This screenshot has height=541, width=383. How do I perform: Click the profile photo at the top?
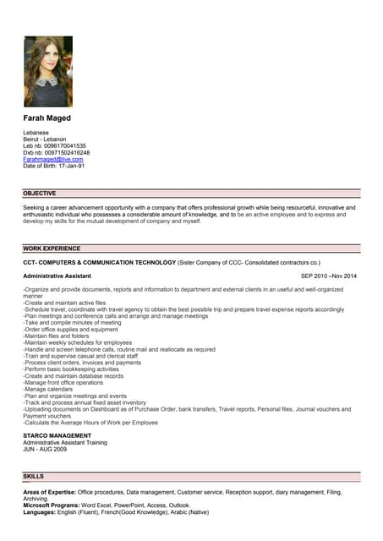click(x=47, y=71)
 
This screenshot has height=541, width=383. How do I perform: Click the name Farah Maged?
click(x=47, y=118)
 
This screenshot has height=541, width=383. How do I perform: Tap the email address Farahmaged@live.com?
click(x=52, y=159)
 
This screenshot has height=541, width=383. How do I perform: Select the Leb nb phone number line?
click(x=54, y=145)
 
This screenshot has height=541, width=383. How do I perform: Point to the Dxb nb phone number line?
click(x=56, y=152)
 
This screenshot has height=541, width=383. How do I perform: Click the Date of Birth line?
click(x=53, y=166)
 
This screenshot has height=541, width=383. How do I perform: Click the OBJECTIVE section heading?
click(x=40, y=193)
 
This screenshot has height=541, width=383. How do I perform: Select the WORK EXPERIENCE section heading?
click(x=52, y=249)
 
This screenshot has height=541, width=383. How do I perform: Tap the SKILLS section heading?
click(x=34, y=477)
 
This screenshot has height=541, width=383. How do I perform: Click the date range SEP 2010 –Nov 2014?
click(x=329, y=276)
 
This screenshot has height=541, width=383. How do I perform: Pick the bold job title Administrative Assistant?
click(x=57, y=276)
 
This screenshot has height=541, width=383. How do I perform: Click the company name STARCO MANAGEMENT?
click(x=57, y=435)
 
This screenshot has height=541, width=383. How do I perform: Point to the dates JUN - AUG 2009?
click(x=47, y=449)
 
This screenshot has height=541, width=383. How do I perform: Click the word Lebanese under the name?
click(x=36, y=133)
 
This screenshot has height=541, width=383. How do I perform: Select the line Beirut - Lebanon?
click(x=45, y=139)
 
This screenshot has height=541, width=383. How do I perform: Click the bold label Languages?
click(x=39, y=511)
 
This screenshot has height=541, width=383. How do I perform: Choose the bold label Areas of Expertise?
click(x=50, y=491)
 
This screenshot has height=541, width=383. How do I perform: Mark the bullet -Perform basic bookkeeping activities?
click(x=71, y=369)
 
